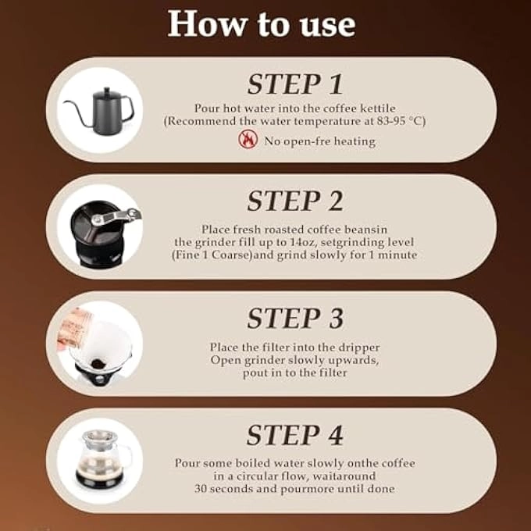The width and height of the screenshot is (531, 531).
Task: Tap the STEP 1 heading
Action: (x=295, y=84)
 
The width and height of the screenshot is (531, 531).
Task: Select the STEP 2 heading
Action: (x=295, y=201)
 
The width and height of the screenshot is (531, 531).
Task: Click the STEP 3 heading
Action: (x=295, y=318)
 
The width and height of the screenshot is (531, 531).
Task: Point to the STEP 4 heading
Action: (x=295, y=435)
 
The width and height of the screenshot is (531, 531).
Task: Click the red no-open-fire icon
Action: (x=248, y=141)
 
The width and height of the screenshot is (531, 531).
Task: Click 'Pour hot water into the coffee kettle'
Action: (x=295, y=109)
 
